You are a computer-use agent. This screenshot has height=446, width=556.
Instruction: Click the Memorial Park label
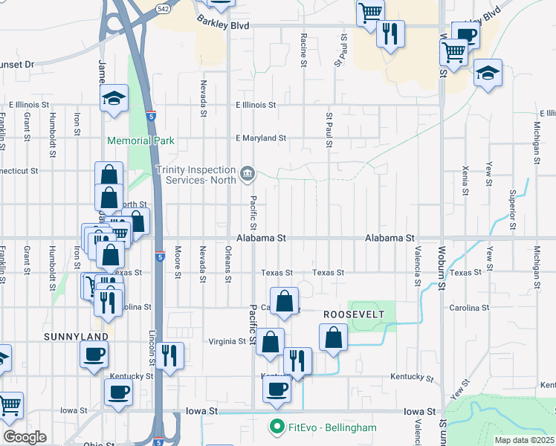click(x=140, y=140)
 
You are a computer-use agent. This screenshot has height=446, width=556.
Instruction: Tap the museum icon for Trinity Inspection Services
click(x=247, y=174)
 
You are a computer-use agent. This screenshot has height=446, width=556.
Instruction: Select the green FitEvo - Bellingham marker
click(x=277, y=427)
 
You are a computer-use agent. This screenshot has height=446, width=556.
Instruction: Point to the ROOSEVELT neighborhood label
click(x=353, y=315)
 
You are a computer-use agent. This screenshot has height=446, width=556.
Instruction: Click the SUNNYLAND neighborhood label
click(x=76, y=337)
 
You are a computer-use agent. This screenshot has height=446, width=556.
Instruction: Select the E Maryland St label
click(x=260, y=138)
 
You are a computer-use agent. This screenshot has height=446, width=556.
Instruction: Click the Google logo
click(x=25, y=437)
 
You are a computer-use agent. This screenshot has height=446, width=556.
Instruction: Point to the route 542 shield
click(x=163, y=7)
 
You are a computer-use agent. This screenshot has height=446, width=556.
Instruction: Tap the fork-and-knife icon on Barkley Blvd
click(x=390, y=33)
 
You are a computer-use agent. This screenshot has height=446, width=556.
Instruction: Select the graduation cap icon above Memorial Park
click(x=114, y=97)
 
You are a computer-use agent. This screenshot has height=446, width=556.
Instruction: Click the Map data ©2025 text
click(x=524, y=440)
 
